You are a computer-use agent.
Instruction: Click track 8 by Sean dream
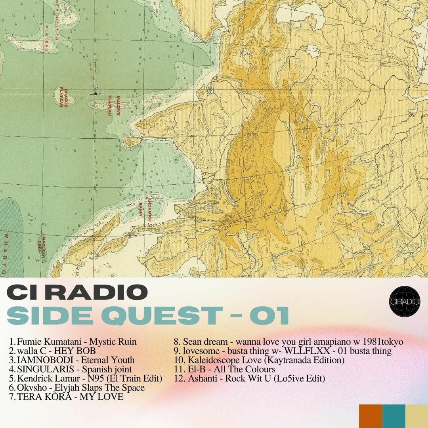coord(289,342)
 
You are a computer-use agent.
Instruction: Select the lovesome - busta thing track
coord(283,351)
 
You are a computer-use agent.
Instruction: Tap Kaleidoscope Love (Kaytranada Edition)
coord(259,360)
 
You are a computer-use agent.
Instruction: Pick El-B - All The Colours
coord(225,369)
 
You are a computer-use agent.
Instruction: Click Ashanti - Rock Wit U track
coord(249,378)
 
